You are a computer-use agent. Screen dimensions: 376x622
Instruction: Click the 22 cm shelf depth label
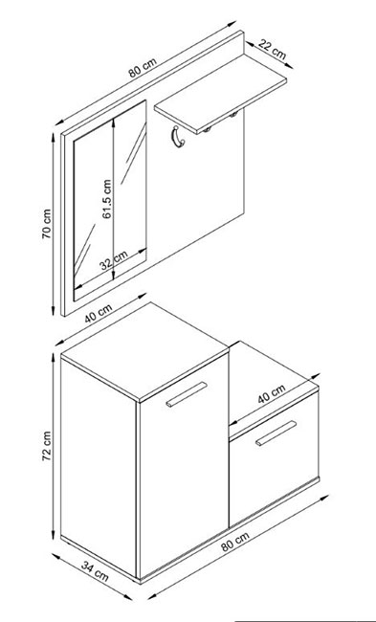point(272,49)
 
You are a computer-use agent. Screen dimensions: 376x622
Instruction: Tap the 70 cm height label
point(47,224)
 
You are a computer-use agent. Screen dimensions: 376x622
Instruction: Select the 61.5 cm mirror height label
point(107,199)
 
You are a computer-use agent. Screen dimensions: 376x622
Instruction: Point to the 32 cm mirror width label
point(114,260)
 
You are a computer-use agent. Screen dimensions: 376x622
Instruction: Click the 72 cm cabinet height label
point(47,446)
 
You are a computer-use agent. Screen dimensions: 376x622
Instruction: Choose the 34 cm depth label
point(95,571)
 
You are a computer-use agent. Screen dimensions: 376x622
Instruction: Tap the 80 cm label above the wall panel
point(143,67)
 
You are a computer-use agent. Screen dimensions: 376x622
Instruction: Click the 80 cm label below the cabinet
point(235,542)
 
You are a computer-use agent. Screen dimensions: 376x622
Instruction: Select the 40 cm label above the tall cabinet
point(99,313)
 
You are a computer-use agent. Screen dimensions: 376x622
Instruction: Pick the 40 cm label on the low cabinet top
point(272,394)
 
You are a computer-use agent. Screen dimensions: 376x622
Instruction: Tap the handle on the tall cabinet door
point(187,394)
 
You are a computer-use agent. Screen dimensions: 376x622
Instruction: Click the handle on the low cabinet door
point(276,433)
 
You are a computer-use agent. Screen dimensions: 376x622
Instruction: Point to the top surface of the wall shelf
point(220,94)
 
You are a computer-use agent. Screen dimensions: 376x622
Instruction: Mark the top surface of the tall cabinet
point(144,351)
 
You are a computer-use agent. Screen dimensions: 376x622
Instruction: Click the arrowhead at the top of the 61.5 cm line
point(114,122)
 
